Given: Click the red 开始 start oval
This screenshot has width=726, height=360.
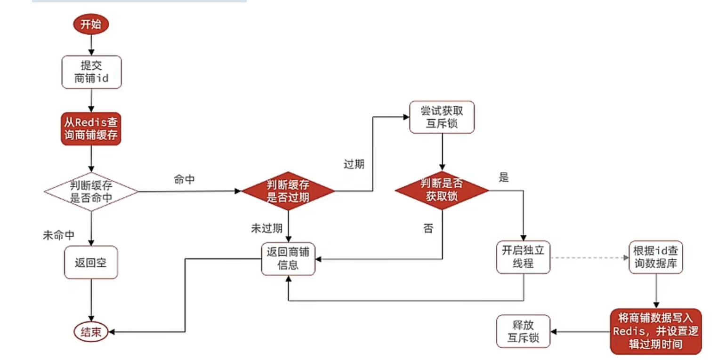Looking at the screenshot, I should pyautogui.click(x=91, y=24).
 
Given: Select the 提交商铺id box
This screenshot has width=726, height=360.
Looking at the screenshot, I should pyautogui.click(x=91, y=72).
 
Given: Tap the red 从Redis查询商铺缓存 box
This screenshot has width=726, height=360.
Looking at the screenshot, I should pyautogui.click(x=91, y=129).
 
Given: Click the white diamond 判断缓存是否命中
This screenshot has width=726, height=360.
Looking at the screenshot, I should pyautogui.click(x=91, y=192).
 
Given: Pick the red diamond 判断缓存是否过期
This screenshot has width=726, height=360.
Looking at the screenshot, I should pyautogui.click(x=288, y=192).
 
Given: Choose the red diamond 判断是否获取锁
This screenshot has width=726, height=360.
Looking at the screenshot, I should pyautogui.click(x=442, y=191).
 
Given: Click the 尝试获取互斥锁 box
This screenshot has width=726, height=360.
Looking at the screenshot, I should pyautogui.click(x=442, y=117).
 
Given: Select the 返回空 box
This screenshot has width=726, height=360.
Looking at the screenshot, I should pyautogui.click(x=90, y=262).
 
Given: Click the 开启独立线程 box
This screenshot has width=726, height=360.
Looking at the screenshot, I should pyautogui.click(x=523, y=257).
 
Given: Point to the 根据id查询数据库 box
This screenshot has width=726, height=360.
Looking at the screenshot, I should pyautogui.click(x=656, y=257).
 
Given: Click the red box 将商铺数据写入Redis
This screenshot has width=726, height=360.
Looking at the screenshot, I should pyautogui.click(x=655, y=331).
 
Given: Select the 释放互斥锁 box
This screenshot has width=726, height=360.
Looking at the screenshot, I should pyautogui.click(x=523, y=332).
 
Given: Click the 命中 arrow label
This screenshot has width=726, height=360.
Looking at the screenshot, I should pyautogui.click(x=184, y=180).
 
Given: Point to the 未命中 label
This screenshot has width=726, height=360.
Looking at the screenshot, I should pyautogui.click(x=59, y=234).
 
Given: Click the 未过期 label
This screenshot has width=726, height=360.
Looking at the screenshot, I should pyautogui.click(x=266, y=229).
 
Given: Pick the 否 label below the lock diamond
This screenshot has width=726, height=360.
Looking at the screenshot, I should pyautogui.click(x=428, y=229).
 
